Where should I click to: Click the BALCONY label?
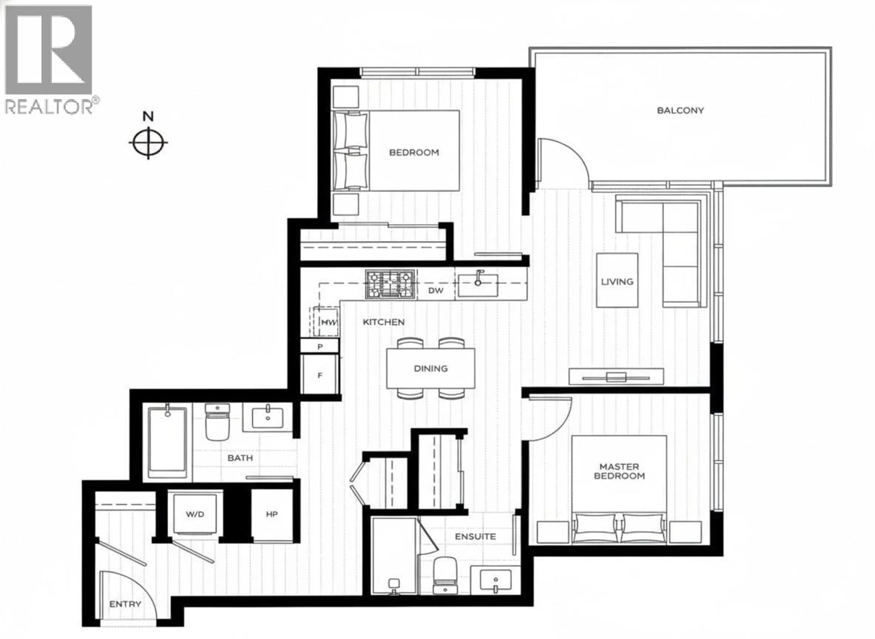pyautogui.click(x=680, y=111)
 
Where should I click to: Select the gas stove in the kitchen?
pyautogui.click(x=390, y=284)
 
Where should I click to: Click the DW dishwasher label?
pyautogui.click(x=436, y=291)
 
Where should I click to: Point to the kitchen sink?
pyautogui.click(x=478, y=285)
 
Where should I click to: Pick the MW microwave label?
pyautogui.click(x=329, y=322)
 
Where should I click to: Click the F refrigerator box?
pyautogui.click(x=320, y=375)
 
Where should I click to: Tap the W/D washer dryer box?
pyautogui.click(x=195, y=514)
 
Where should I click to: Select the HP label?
pyautogui.click(x=272, y=514)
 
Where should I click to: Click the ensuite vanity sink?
pyautogui.click(x=495, y=580)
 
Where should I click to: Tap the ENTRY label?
pyautogui.click(x=125, y=604)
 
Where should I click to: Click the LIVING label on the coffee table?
pyautogui.click(x=617, y=282)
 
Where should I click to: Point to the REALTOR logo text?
pyautogui.click(x=49, y=107)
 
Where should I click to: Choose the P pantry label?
pyautogui.click(x=320, y=347)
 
